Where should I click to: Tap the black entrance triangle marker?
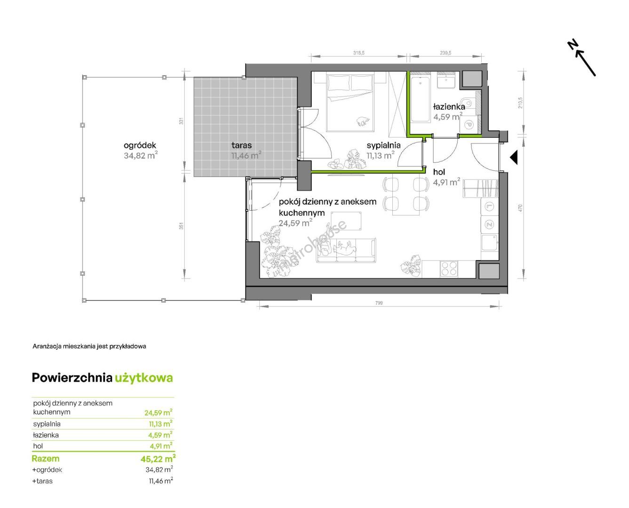pos(514,157)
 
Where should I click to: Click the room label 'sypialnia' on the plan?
pos(383,145)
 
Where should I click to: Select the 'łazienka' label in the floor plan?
pos(449,106)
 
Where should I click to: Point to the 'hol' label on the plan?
pos(439,172)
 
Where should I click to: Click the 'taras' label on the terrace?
pos(241,145)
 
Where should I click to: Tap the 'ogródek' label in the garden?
pos(140,145)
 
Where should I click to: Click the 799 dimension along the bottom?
pos(379,303)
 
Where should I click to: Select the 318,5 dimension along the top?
pos(359,53)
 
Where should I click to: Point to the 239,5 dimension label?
pos(446,53)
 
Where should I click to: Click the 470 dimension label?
pos(520,208)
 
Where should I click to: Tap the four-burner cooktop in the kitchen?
pos(449,269)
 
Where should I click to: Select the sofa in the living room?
pos(346,250)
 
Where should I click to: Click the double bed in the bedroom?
pos(350,103)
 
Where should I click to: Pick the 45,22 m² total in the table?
pos(158,459)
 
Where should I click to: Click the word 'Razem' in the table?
pos(46,459)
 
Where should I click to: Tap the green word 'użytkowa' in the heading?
pos(144,378)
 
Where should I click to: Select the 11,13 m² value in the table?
pos(160,424)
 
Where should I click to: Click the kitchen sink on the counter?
pos(490,243)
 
